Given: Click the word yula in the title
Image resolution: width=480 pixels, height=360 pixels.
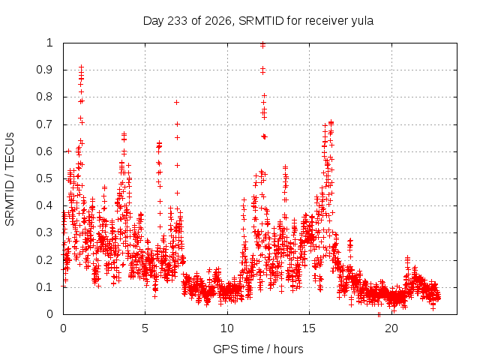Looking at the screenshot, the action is [362, 21].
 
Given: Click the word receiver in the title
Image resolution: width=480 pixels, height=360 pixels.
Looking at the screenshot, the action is [327, 21].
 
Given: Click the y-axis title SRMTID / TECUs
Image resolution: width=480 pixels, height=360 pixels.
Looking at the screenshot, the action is [10, 179].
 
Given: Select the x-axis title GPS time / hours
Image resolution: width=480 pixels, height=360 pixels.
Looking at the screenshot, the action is [258, 349].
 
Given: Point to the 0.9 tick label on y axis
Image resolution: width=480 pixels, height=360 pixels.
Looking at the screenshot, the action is [45, 70].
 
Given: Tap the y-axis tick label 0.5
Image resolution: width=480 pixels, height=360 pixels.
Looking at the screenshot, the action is [45, 178].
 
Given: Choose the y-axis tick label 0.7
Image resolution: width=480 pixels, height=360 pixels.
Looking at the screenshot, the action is [45, 124].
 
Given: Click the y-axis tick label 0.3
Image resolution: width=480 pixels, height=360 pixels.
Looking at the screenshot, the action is [45, 232].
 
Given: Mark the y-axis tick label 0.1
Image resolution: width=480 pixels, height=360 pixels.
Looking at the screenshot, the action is [45, 287].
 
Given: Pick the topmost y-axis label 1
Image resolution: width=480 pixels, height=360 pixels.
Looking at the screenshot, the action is [49, 43].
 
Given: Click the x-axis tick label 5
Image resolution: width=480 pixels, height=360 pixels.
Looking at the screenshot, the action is [145, 328].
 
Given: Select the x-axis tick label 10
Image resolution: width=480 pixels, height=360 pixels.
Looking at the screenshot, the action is [227, 328].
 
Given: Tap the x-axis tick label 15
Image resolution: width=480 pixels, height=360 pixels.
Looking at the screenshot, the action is [309, 328].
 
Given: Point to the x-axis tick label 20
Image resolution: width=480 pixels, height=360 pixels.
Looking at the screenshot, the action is [391, 328].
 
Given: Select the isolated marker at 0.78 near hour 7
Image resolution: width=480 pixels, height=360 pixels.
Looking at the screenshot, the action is [176, 102].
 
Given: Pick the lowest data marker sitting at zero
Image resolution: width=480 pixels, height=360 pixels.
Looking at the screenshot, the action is [379, 314].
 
